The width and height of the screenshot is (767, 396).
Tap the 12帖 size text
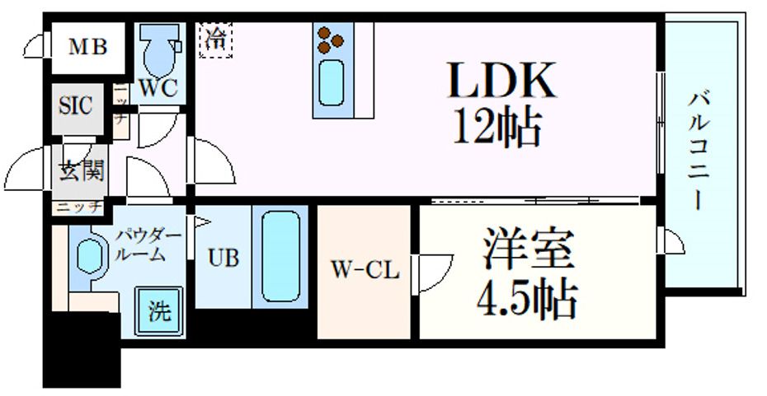click(498, 127)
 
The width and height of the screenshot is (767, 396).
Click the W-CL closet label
click(365, 269)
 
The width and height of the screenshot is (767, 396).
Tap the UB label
click(223, 257)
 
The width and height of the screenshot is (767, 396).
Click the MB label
click(87, 47)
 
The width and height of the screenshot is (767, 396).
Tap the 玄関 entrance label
click(80, 171)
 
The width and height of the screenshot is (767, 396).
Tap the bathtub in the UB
click(280, 257)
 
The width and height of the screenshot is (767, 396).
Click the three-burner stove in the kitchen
click(333, 37)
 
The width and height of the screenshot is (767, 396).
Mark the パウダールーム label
click(148, 245)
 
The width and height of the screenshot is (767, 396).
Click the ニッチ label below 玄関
click(79, 207)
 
